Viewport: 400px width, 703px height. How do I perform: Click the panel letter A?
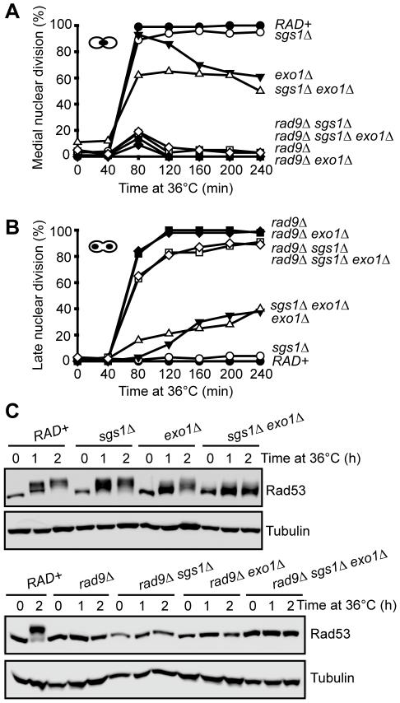[x=11, y=11]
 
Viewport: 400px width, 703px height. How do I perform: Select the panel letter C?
[x=11, y=407]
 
